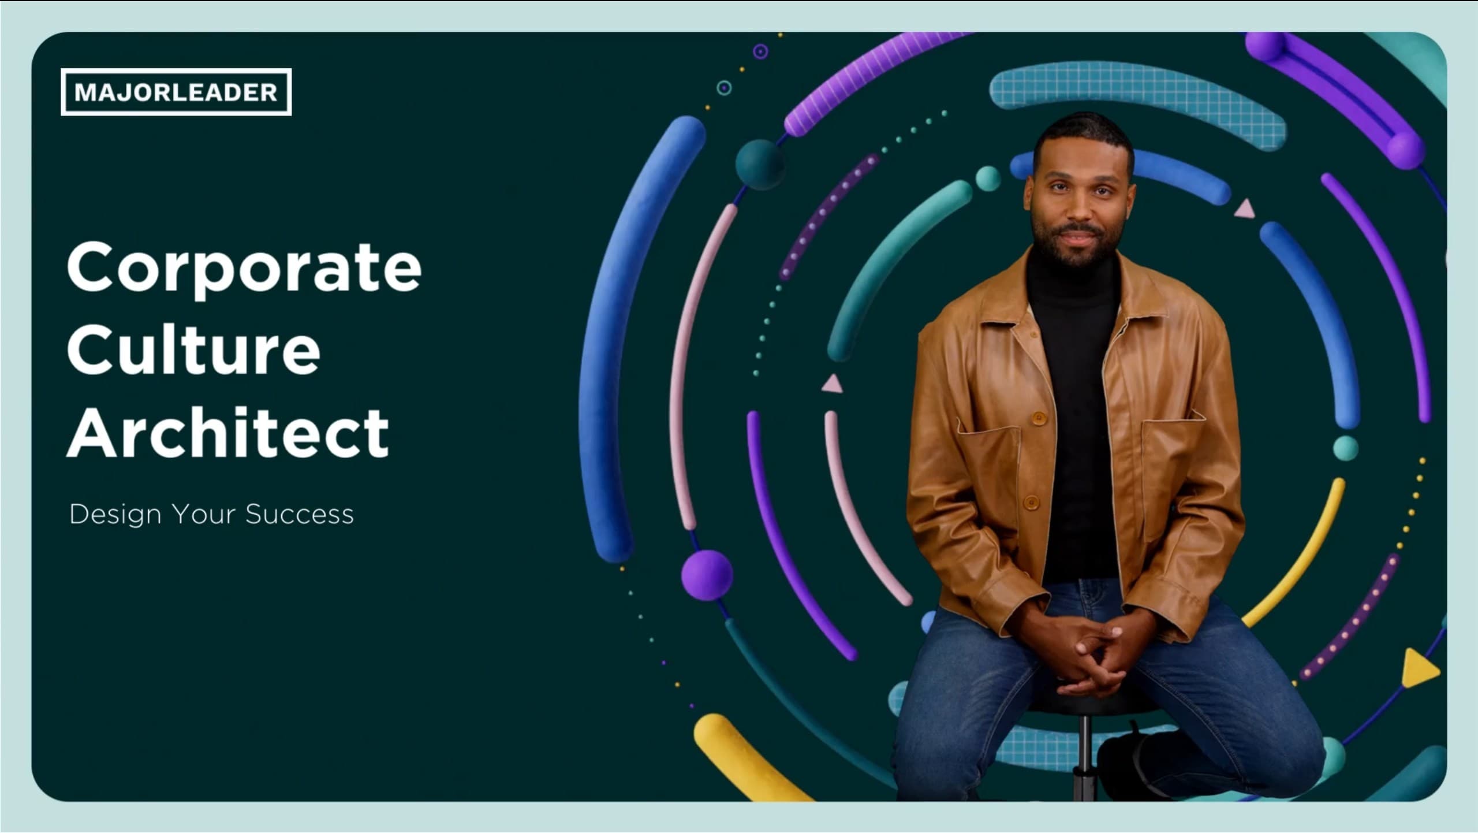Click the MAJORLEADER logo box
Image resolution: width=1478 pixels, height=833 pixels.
176,92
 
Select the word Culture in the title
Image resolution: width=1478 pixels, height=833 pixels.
193,349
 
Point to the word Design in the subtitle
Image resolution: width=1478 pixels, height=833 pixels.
115,515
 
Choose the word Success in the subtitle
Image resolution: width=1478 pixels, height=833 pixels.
300,514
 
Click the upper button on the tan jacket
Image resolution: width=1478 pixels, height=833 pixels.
1038,416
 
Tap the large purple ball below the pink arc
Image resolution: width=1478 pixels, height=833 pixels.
707,575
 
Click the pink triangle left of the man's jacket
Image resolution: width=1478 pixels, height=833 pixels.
831,384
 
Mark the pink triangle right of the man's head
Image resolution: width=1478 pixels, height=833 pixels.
1245,209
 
